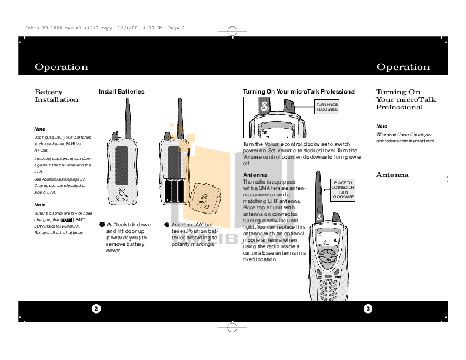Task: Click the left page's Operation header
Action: [x=61, y=67]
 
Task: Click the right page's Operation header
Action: [x=403, y=67]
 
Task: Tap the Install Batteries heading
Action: [x=121, y=92]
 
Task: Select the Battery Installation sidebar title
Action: [x=56, y=96]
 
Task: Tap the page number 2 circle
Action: [x=95, y=309]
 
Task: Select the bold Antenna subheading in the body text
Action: [x=256, y=175]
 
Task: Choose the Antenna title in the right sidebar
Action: [x=392, y=175]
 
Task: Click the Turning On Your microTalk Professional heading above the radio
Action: [x=299, y=92]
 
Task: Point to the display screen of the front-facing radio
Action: [x=327, y=241]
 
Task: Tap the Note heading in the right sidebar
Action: [x=381, y=126]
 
